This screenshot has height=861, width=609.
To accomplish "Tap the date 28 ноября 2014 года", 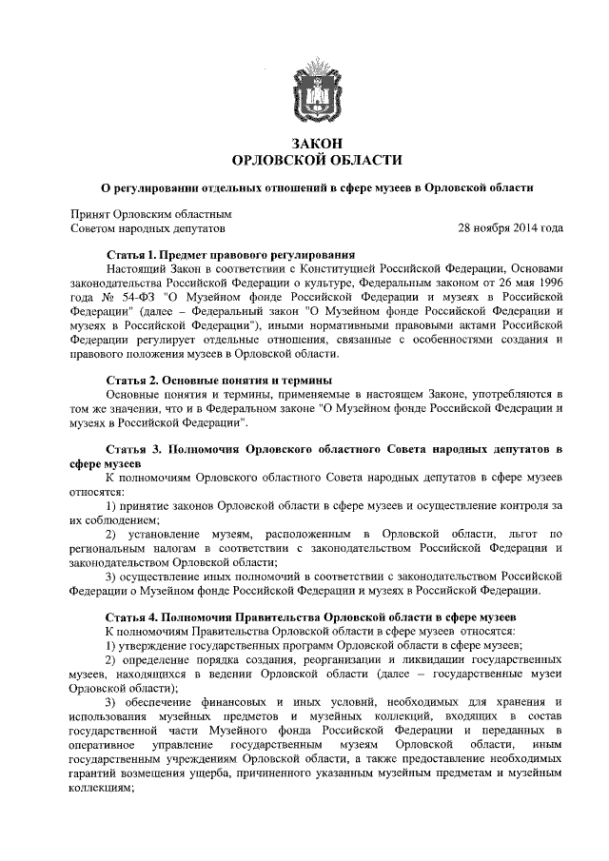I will coord(510,229).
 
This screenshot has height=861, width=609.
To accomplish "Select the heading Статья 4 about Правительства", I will coord(310,617).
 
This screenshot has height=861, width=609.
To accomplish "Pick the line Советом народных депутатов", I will coord(148,229).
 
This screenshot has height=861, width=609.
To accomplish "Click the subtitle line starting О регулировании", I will coord(317,188).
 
